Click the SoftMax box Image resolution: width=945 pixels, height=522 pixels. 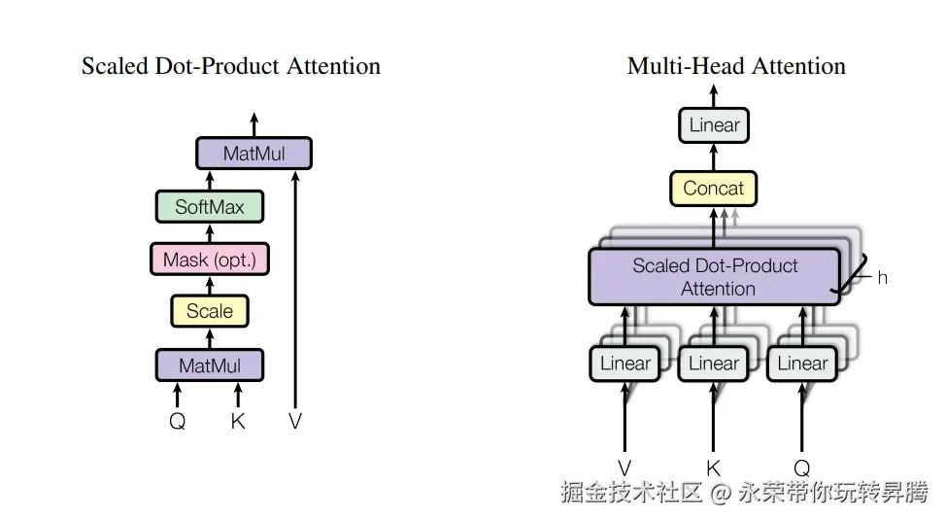coord(210,207)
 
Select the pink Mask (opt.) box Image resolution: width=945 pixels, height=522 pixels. coord(210,260)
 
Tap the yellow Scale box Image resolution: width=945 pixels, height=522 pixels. coord(210,311)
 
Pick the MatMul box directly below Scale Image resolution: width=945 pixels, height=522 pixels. coord(210,365)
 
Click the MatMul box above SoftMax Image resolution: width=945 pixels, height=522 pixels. coord(253,154)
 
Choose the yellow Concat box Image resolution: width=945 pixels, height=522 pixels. coord(714,189)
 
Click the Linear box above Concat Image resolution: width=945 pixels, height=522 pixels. coord(714,125)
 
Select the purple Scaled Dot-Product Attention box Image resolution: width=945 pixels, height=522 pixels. coord(714,277)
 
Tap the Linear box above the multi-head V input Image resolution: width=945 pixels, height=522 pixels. coord(624,364)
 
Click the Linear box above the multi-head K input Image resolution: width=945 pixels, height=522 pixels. coord(714,364)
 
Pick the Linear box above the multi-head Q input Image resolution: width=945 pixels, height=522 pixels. coord(802,364)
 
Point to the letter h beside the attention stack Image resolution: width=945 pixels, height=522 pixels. coord(882,278)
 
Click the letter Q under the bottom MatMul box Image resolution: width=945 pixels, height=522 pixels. coord(177,421)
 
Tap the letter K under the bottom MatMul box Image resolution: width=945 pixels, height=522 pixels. coord(238,421)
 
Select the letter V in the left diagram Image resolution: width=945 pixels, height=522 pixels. coord(294,421)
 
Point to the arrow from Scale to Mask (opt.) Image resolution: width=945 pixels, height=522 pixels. coord(210,286)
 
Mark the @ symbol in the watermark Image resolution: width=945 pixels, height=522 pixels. coord(721,493)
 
